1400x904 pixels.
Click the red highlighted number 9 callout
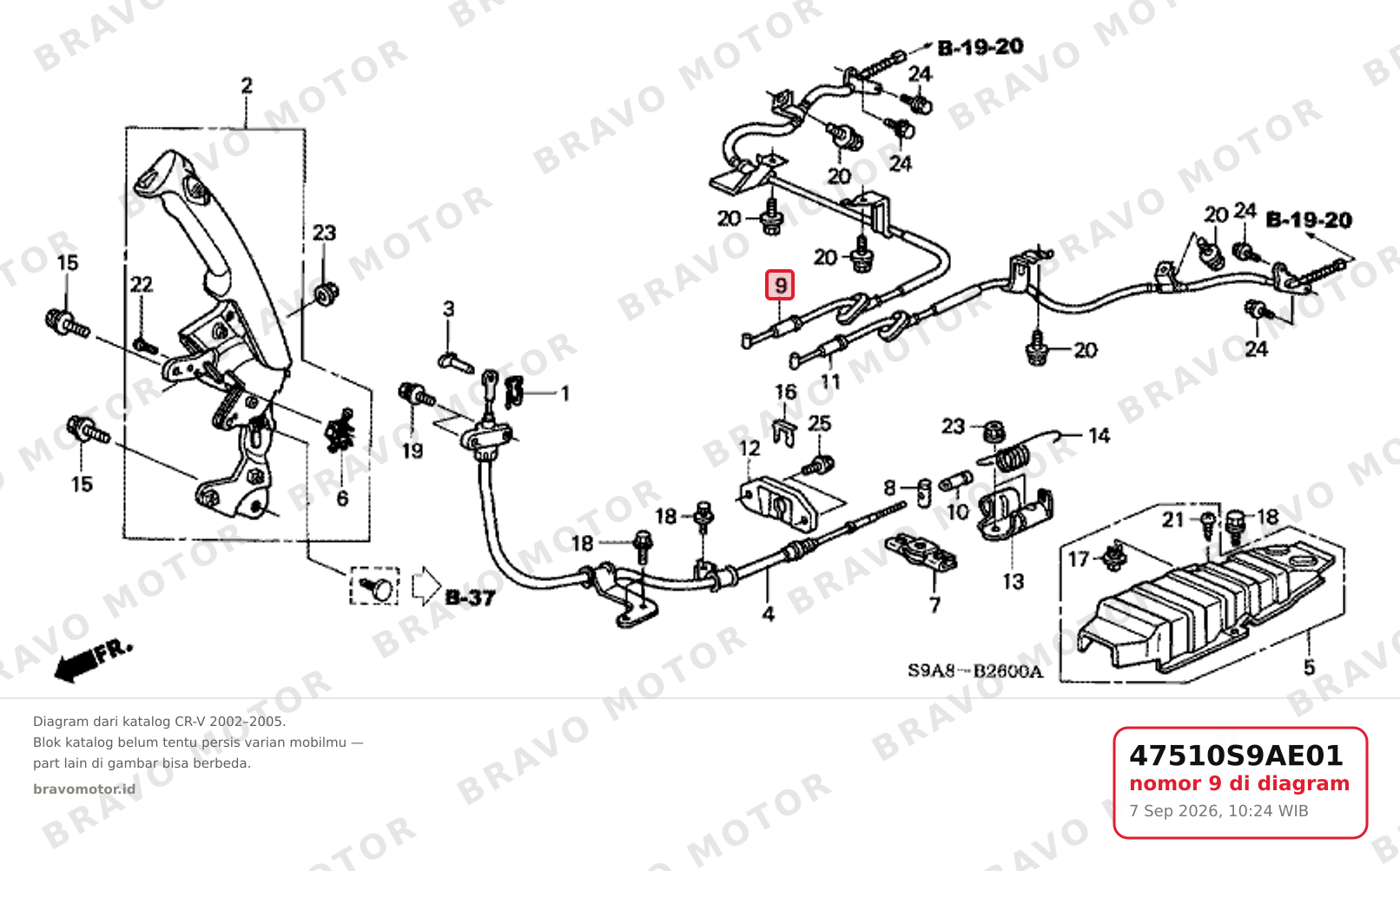click(x=780, y=285)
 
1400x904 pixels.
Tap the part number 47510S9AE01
click(x=1236, y=756)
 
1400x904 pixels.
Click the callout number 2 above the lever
click(x=247, y=86)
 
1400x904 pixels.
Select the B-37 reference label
click(x=470, y=597)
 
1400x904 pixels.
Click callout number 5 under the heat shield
click(x=1309, y=668)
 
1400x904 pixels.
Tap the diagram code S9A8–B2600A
click(x=975, y=671)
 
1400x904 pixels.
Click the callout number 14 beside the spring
click(x=1100, y=435)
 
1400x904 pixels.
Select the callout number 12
click(x=750, y=449)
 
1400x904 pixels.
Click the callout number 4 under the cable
click(x=768, y=614)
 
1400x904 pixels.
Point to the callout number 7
click(x=934, y=604)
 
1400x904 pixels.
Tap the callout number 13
click(x=1014, y=582)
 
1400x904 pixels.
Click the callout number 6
click(x=342, y=498)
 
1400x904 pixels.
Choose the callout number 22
click(x=142, y=285)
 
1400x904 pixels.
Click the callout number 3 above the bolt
click(x=449, y=308)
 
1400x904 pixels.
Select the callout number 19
click(x=413, y=451)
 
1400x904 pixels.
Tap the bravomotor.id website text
click(x=84, y=789)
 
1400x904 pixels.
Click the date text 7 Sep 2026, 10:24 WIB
click(x=1218, y=811)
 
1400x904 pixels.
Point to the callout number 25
click(x=819, y=424)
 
